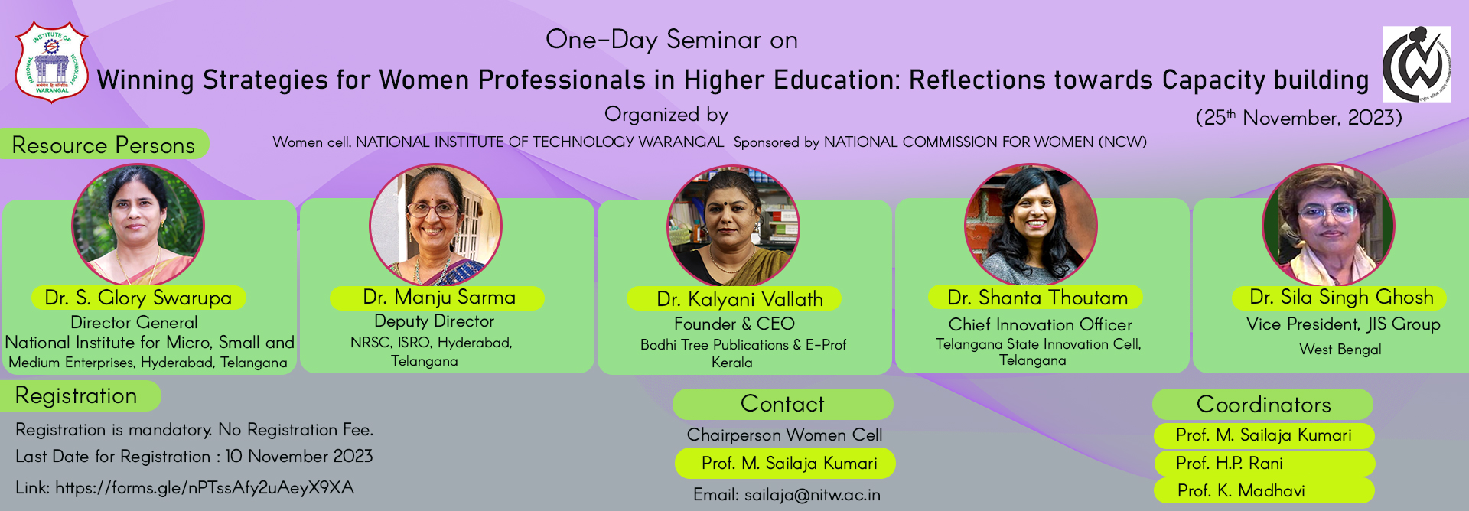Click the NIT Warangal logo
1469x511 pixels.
click(x=52, y=62)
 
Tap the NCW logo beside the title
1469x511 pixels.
click(x=1416, y=64)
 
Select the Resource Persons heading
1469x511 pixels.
click(x=103, y=145)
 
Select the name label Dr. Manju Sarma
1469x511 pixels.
click(x=439, y=298)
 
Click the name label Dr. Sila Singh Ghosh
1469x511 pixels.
click(x=1341, y=298)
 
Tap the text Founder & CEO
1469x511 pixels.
click(x=734, y=324)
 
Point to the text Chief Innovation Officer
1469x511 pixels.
click(x=1041, y=325)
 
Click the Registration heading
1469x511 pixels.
click(x=77, y=395)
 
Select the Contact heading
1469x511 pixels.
click(x=782, y=404)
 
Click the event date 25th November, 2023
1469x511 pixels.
click(x=1299, y=118)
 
